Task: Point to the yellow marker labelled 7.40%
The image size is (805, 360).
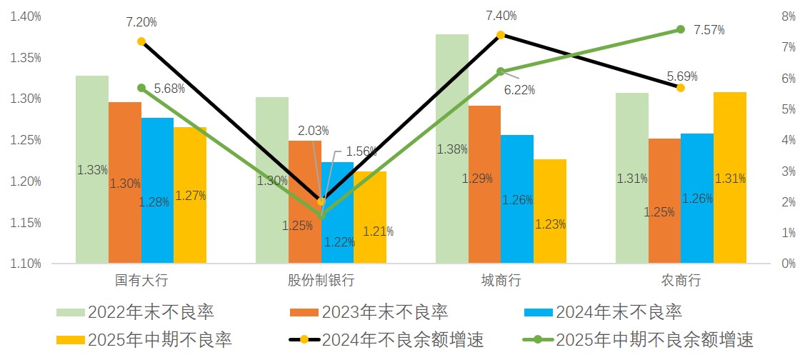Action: tap(500, 35)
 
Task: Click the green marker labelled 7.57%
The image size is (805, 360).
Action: tap(680, 29)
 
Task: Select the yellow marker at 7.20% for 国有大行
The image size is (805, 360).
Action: tap(141, 41)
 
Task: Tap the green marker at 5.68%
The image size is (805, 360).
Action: tap(141, 88)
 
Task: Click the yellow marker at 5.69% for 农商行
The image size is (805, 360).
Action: tap(680, 88)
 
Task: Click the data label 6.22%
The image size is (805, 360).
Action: tap(519, 90)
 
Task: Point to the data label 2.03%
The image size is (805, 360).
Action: tap(314, 131)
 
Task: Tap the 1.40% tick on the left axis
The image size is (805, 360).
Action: tap(26, 16)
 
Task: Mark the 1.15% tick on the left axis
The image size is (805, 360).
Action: tap(26, 223)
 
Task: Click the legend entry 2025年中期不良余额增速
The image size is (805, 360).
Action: tap(654, 339)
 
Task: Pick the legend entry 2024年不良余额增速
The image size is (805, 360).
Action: tap(403, 339)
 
